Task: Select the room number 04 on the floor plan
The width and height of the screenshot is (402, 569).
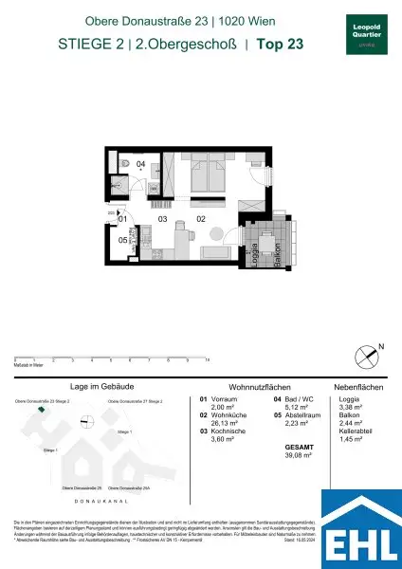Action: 139,164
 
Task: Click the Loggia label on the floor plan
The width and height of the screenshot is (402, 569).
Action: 255,254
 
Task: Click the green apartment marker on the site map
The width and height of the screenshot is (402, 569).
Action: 41,410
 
